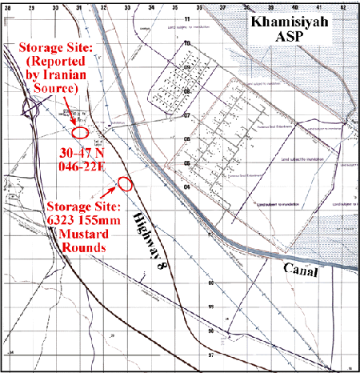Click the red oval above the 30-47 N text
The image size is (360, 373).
80,131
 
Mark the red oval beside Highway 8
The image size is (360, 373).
126,183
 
